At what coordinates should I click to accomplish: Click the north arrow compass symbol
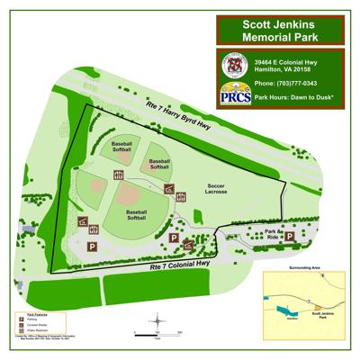(x=157, y=319)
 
